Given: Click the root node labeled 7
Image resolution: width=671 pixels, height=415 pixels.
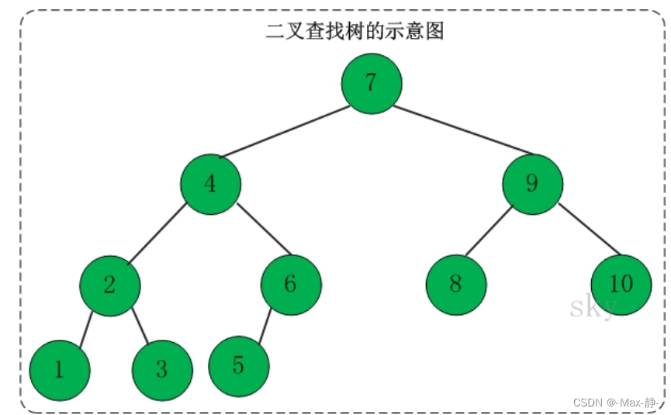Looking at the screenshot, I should pos(372,83).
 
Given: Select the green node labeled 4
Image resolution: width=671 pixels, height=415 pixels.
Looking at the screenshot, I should pos(210,184).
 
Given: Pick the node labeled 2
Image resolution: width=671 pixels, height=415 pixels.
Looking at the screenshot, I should pos(109,285).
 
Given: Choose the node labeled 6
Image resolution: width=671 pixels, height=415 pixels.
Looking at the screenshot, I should pos(291,285).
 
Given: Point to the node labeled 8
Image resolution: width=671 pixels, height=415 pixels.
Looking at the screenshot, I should pos(456,285).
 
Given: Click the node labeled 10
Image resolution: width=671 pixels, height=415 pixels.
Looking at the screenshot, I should pos(621,285).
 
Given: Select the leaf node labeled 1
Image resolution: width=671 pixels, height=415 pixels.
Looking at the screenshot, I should pos(60,369).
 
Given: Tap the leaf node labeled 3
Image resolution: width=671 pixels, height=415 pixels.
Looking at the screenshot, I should pos(162,369).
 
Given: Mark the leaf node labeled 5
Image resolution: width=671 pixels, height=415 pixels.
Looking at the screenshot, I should pos(239,366).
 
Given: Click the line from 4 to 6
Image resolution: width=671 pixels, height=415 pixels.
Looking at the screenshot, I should pos(264,230).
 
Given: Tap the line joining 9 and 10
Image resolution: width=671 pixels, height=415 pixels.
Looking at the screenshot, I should pos(590,230).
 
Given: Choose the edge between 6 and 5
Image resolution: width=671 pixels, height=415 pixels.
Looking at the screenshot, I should pos(265,326).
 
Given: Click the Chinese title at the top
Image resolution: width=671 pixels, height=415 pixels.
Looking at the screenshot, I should pos(355,32).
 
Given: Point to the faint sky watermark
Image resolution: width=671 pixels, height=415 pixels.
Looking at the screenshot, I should pos(593,307).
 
